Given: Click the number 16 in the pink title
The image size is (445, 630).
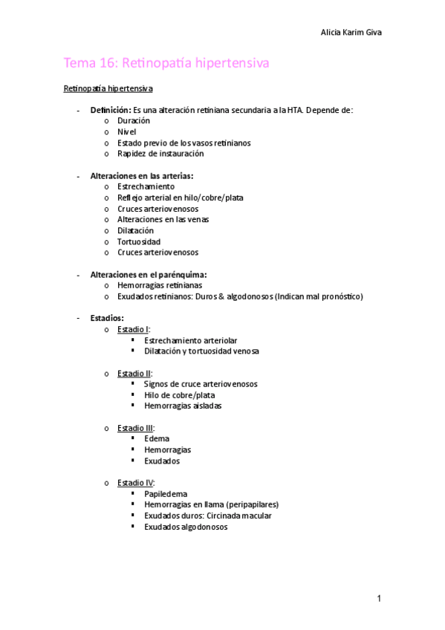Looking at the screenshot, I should click(x=107, y=65).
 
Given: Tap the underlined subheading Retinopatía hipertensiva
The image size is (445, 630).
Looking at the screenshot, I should click(x=108, y=89).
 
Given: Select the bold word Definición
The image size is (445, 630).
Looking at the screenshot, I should click(x=110, y=110).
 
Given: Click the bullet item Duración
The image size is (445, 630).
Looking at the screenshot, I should click(x=134, y=120).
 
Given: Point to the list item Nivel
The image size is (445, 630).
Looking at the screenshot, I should click(x=127, y=131).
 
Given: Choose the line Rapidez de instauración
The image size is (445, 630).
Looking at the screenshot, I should click(x=160, y=154).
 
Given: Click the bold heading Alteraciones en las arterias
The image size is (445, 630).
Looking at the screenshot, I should click(x=141, y=176).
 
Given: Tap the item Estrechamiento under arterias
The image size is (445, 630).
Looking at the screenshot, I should click(x=146, y=186).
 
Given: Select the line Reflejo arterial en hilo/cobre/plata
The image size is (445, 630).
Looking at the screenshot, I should click(x=180, y=198).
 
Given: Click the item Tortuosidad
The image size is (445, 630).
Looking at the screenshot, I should click(x=138, y=241).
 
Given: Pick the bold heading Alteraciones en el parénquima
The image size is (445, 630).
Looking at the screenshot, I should click(x=148, y=274).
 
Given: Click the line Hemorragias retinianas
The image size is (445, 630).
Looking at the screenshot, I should click(x=159, y=285).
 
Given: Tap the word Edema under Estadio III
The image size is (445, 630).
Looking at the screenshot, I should click(x=157, y=439).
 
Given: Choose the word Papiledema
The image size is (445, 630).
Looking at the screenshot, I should click(x=166, y=493).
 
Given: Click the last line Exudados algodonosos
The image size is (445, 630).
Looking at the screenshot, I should click(x=186, y=527).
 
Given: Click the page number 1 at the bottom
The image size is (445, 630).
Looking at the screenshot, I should click(x=379, y=598).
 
